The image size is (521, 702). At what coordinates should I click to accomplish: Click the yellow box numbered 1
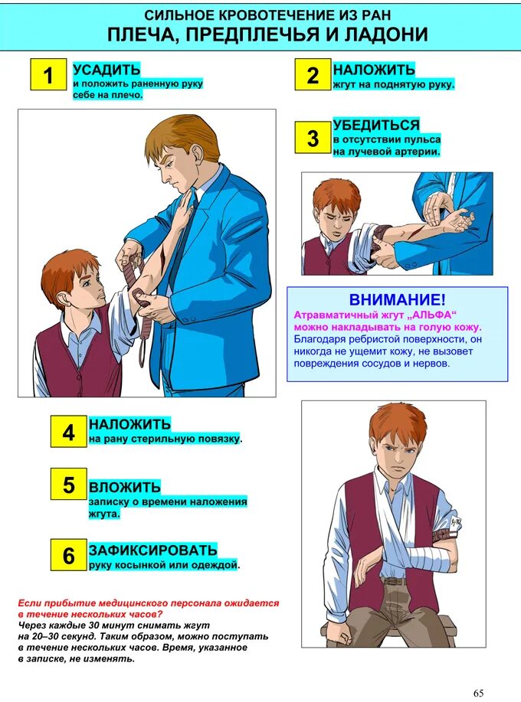pos(48,74)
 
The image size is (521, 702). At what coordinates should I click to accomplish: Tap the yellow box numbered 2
pos(313,74)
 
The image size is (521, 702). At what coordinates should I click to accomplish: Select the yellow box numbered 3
pos(313,138)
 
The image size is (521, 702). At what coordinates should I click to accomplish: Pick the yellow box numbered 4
pos(68,432)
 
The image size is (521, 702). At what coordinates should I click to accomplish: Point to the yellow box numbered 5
pos(68,484)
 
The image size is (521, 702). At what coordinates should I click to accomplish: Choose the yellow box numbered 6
pos(68,555)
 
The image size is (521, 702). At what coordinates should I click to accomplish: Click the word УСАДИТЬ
pos(106,70)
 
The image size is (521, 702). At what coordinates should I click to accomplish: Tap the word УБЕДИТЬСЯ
pos(376,125)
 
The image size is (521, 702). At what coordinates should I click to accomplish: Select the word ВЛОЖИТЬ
pos(125,487)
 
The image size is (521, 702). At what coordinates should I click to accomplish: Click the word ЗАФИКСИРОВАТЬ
pos(152,550)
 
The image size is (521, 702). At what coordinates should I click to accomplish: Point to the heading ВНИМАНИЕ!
pos(398,299)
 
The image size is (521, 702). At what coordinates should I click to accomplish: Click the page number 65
pos(478,693)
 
